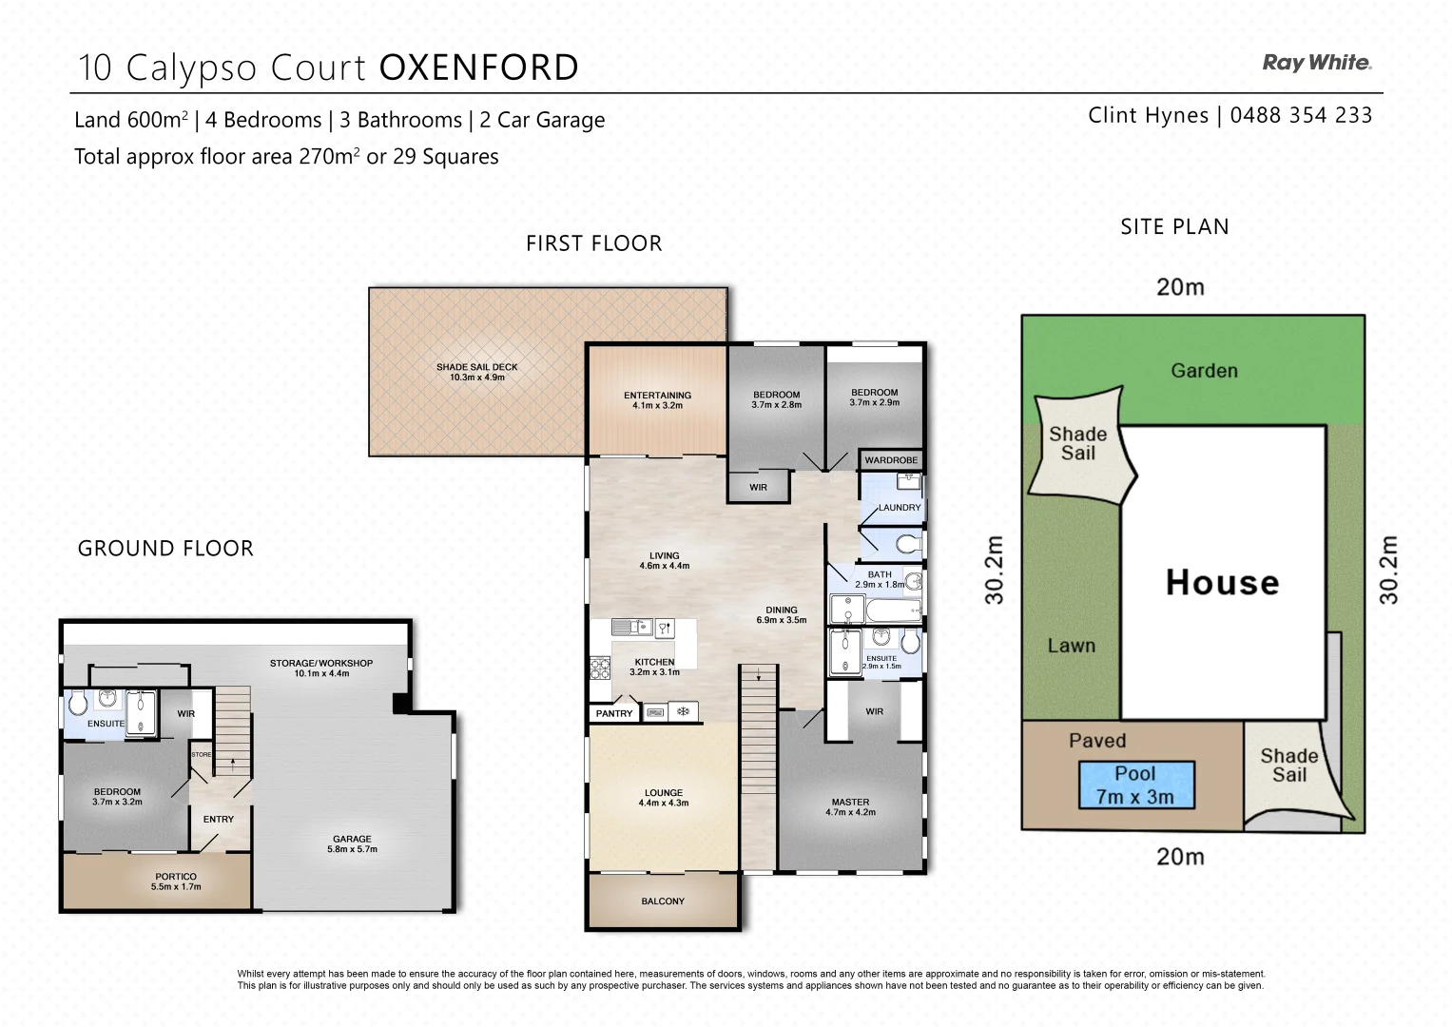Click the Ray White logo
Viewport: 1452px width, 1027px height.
[x=1316, y=63]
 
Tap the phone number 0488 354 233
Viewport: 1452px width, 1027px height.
[x=1301, y=116]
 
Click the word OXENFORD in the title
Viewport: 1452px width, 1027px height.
[x=479, y=68]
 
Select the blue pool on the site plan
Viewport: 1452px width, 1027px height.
[x=1135, y=785]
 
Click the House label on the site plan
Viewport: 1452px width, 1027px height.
[x=1222, y=582]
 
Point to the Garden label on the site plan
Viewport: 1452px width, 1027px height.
[x=1204, y=371]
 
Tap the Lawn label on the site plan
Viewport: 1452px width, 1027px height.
[x=1071, y=646]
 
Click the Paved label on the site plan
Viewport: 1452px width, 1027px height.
[x=1096, y=741]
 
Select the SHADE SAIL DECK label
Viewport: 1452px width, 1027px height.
[x=476, y=367]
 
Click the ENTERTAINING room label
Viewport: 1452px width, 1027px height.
[x=657, y=396]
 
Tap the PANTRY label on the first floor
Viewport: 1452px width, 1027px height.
[x=614, y=713]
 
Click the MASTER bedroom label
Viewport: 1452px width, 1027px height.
[x=850, y=802]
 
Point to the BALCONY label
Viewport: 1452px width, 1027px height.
[x=663, y=901]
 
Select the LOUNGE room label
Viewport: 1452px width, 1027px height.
[x=663, y=792]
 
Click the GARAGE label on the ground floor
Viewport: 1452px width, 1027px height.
[x=352, y=839]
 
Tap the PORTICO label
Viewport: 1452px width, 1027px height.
[x=176, y=877]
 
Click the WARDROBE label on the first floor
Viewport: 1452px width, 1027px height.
[x=891, y=460]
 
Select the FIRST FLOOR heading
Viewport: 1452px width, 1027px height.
[x=593, y=243]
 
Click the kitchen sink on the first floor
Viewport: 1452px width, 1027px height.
[x=629, y=627]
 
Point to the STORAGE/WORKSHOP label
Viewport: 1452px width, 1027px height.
[x=321, y=663]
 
